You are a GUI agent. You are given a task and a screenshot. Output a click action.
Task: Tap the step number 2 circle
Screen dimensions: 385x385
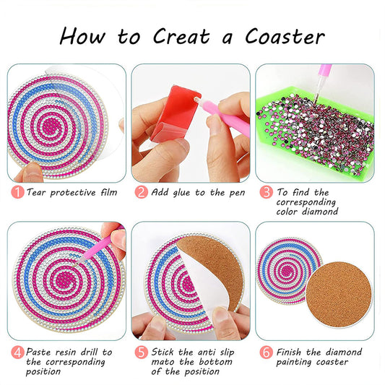(141, 193)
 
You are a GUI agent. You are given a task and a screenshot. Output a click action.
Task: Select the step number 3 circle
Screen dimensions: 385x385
(266, 193)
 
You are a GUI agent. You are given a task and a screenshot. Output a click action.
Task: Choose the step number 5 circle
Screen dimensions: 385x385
(141, 352)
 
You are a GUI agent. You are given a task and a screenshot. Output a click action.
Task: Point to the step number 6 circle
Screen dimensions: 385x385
(266, 352)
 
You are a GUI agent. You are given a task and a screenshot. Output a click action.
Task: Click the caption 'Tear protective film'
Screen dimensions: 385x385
(71, 193)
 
